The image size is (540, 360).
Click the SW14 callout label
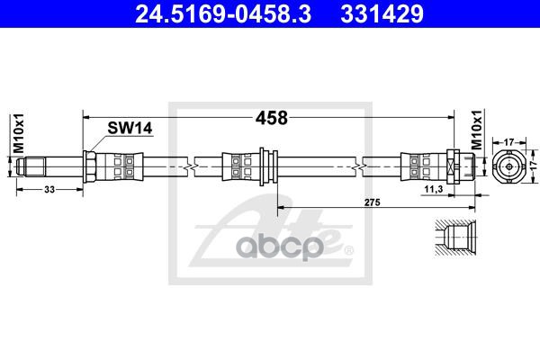[x=125, y=129]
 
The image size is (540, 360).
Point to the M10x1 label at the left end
[x=16, y=132]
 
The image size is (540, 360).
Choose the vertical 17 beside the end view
[x=531, y=166]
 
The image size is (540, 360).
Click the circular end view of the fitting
[x=508, y=166]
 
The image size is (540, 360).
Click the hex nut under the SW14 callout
[x=93, y=166]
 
